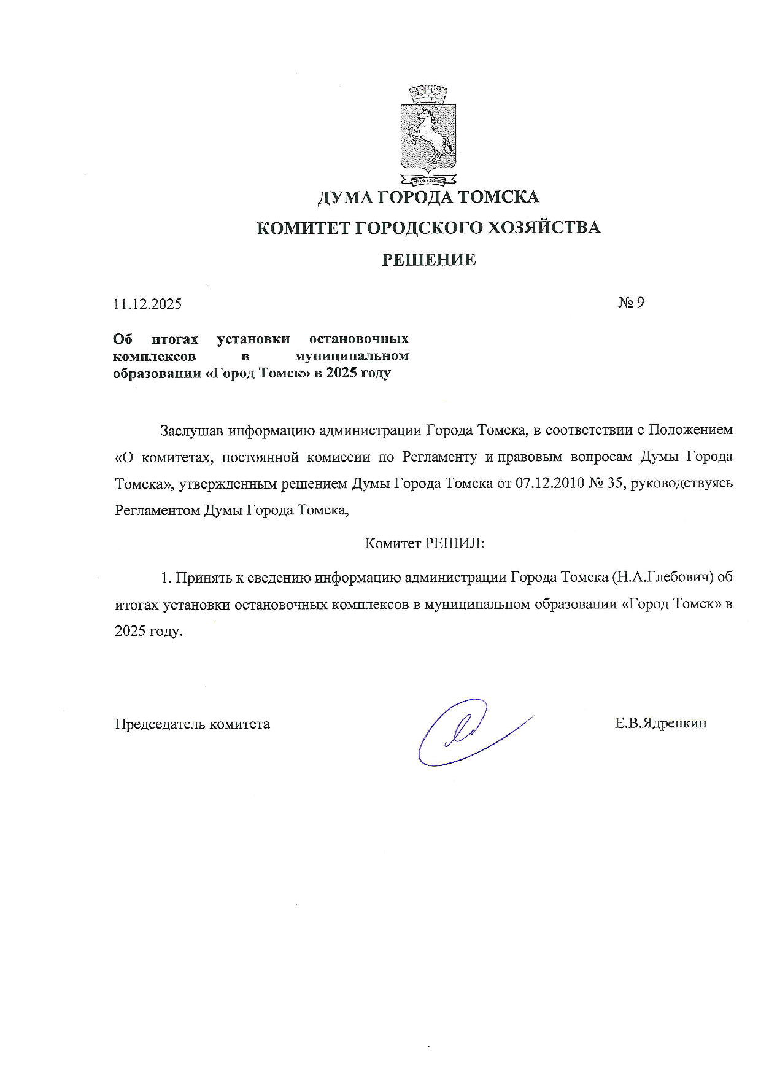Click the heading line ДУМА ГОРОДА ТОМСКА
(x=428, y=197)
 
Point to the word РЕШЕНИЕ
(x=429, y=260)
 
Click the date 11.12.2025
(x=147, y=304)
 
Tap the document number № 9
(x=631, y=302)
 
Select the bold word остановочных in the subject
(x=359, y=339)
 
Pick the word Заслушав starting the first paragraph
(x=191, y=430)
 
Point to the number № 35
(x=607, y=483)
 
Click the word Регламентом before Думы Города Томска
(x=156, y=510)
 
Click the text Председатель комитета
(x=192, y=724)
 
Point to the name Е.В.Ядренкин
(x=661, y=723)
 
